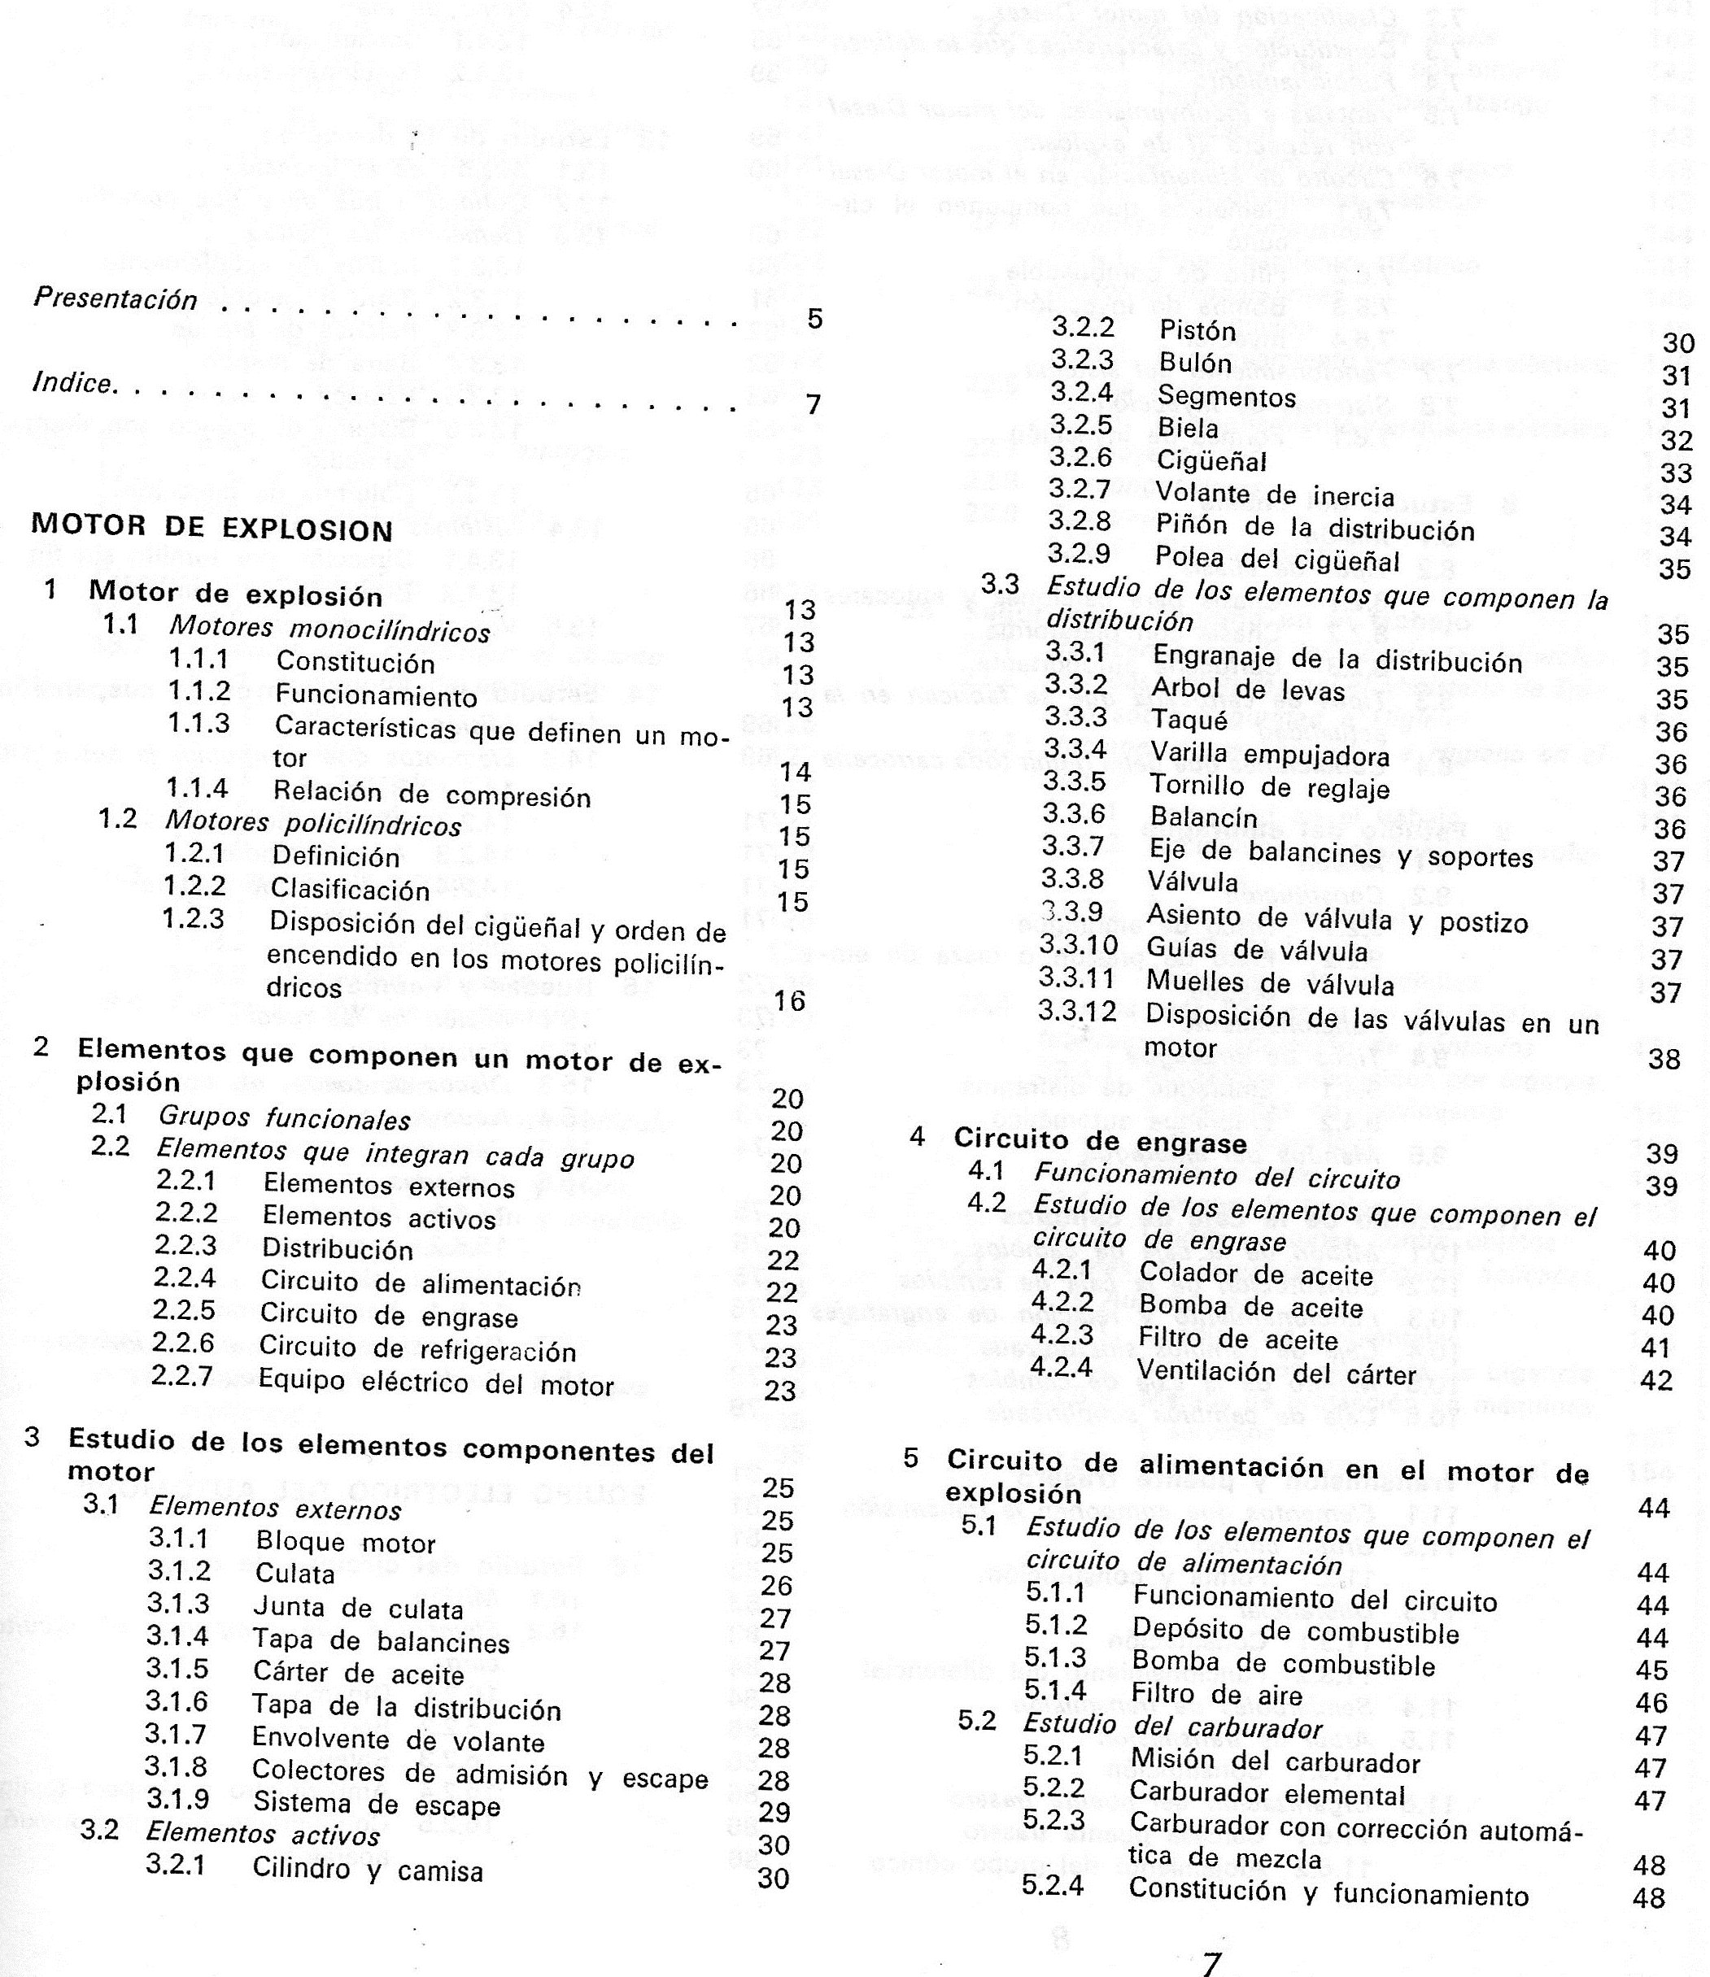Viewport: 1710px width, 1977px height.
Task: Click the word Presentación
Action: coord(116,298)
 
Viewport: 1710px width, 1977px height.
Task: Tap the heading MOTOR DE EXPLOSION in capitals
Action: coord(212,528)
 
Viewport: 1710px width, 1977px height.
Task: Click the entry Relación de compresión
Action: coord(431,795)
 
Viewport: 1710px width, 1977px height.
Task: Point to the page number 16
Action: coord(790,1000)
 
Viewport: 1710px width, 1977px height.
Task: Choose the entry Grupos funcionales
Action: coord(285,1118)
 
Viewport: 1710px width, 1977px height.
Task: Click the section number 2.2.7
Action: coord(184,1377)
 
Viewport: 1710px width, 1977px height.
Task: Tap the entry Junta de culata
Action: coord(358,1609)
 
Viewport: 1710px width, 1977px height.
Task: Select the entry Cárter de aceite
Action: coord(358,1674)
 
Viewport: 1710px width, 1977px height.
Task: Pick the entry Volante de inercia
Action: coord(1275,494)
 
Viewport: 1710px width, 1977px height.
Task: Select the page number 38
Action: coord(1664,1059)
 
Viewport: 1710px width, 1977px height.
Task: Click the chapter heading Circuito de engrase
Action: coord(1100,1141)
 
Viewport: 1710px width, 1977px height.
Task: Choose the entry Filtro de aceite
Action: coord(1237,1339)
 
